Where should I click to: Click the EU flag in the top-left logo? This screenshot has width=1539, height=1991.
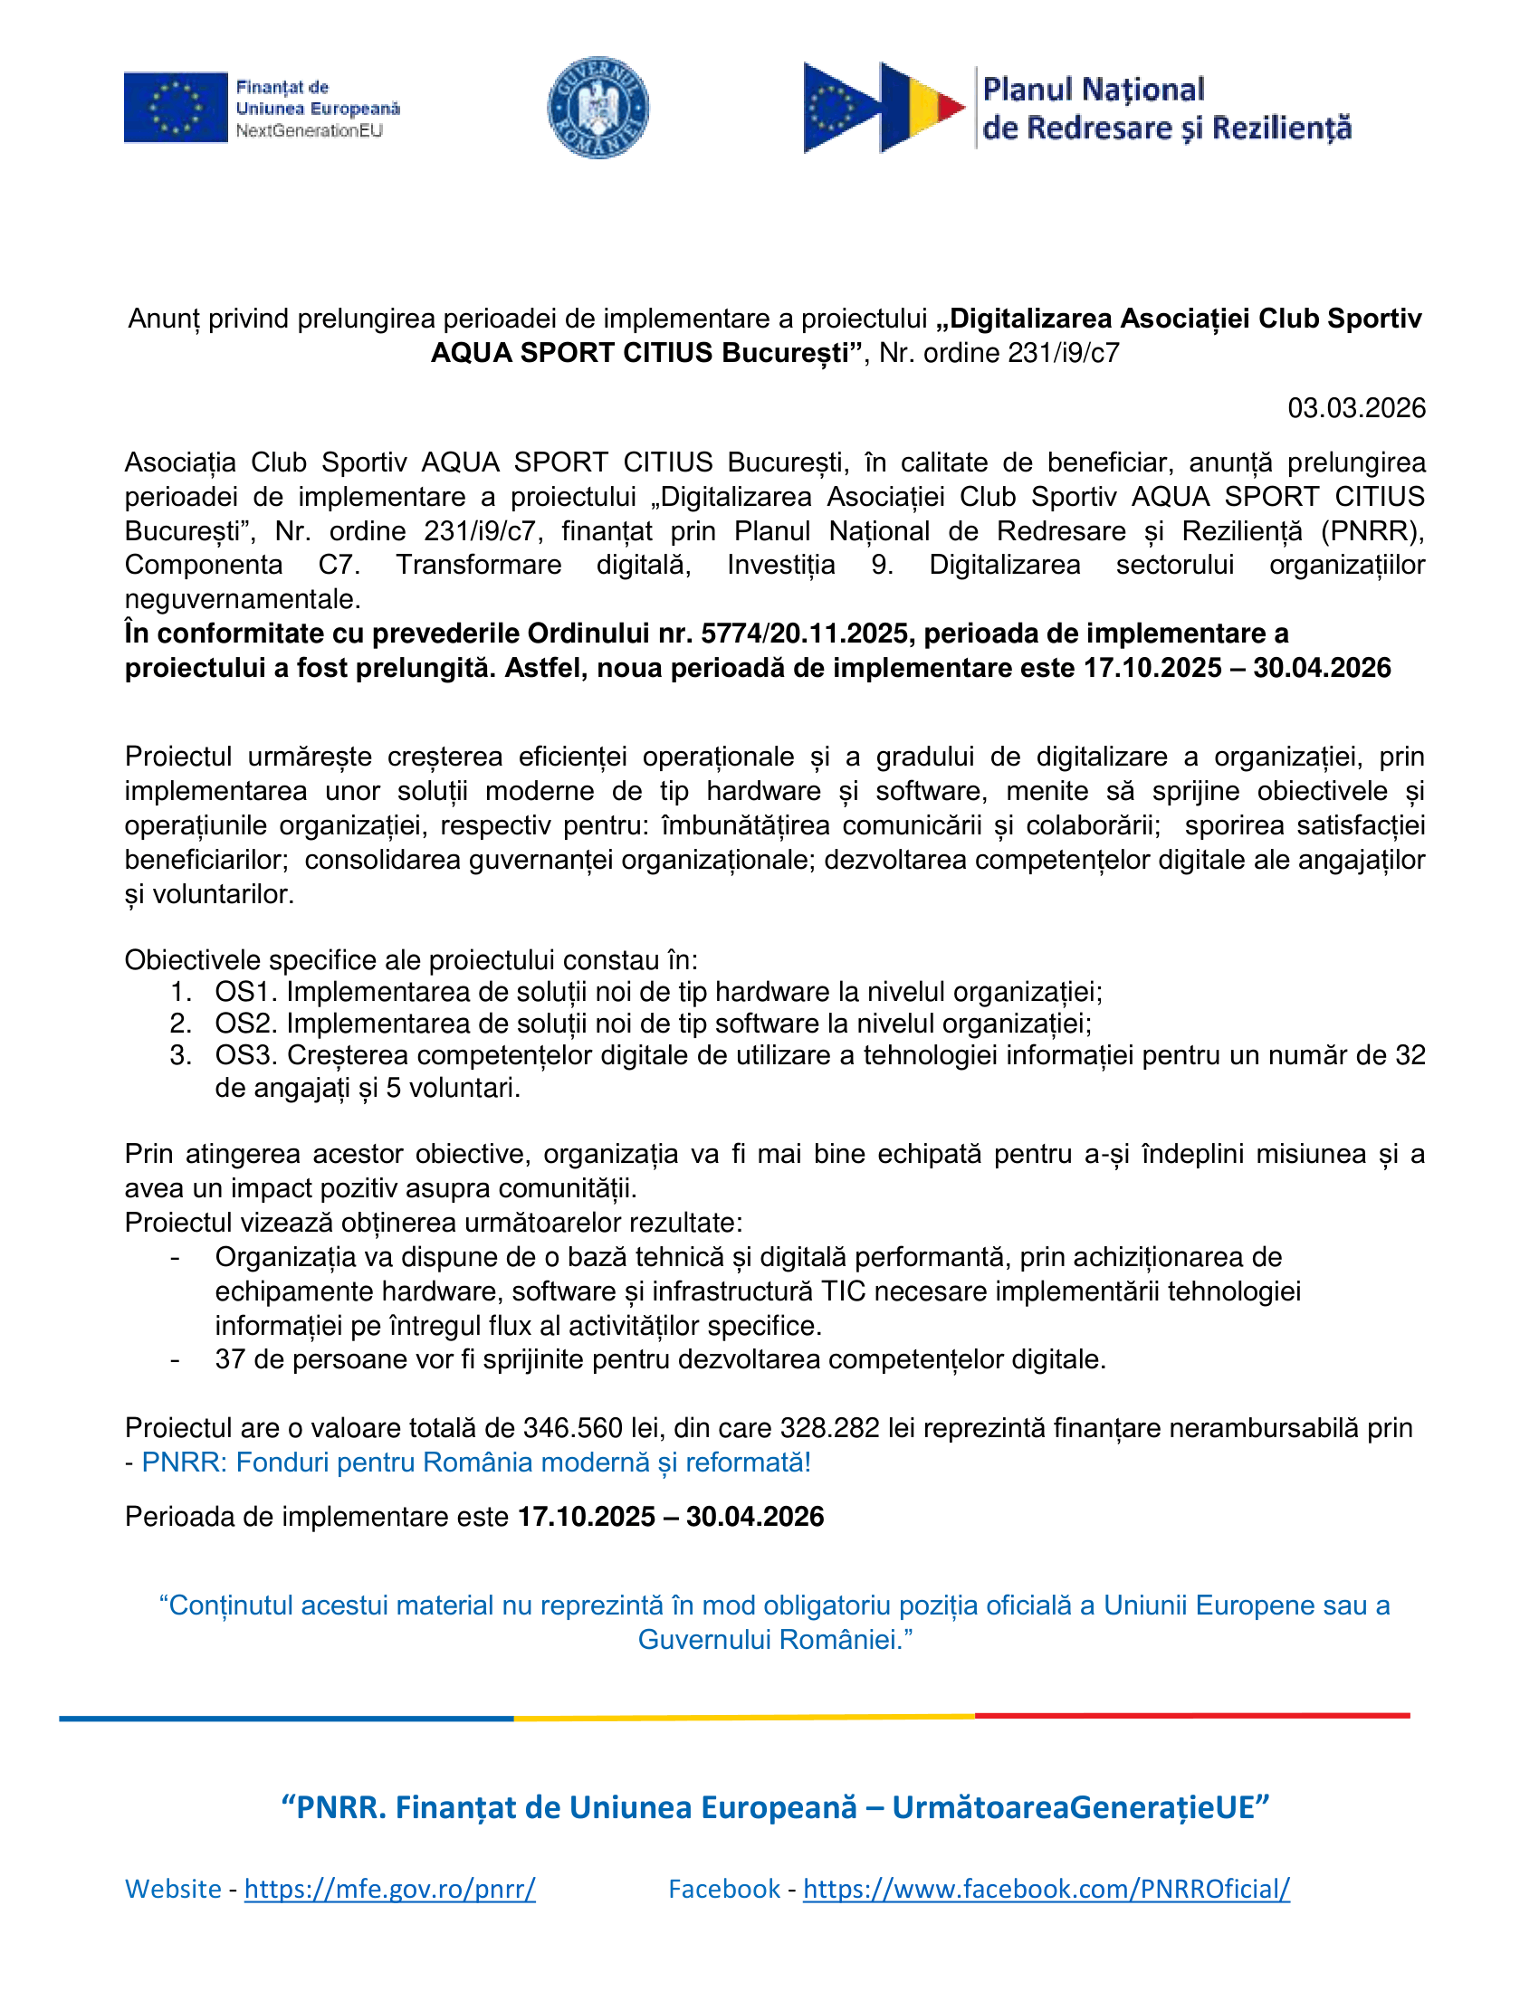[x=175, y=108]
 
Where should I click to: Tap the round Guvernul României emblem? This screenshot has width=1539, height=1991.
[x=597, y=108]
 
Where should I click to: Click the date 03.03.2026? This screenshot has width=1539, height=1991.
[x=1356, y=408]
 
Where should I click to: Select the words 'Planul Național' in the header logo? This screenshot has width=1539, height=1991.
[x=1094, y=90]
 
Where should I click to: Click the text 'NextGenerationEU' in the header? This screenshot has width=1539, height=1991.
[x=309, y=130]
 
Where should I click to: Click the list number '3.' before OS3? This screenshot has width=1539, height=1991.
[x=180, y=1055]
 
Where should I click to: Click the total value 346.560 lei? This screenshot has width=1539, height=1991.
[x=588, y=1427]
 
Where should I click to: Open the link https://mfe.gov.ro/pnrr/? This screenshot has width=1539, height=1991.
[x=389, y=1888]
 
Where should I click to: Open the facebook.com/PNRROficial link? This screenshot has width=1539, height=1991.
[x=1046, y=1888]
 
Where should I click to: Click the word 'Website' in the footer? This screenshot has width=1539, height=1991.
[x=173, y=1888]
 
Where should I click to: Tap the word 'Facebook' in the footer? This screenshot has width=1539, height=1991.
[x=724, y=1888]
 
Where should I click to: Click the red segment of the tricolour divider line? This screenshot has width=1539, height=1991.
[x=1191, y=1716]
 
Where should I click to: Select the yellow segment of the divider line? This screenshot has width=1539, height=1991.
[x=743, y=1718]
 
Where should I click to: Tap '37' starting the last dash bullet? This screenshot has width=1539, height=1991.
[x=231, y=1359]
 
